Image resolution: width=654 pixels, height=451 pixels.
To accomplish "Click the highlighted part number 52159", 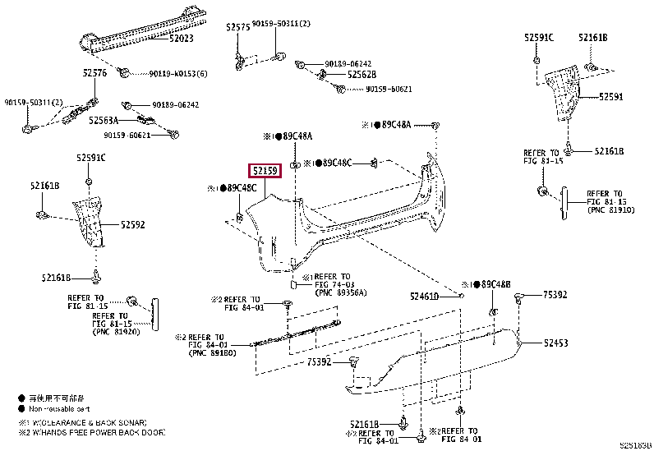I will (265, 172).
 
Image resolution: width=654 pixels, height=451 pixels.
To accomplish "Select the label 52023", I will (182, 38).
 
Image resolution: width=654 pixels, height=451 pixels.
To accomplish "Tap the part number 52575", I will (237, 27).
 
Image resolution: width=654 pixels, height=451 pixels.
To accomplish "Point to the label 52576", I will (94, 73).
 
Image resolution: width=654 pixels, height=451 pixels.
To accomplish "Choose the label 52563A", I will (104, 120).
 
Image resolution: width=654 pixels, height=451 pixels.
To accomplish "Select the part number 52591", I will (610, 96).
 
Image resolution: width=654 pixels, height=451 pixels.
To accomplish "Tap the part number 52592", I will (133, 223).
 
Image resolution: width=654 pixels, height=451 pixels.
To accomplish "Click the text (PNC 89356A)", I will (340, 292).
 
